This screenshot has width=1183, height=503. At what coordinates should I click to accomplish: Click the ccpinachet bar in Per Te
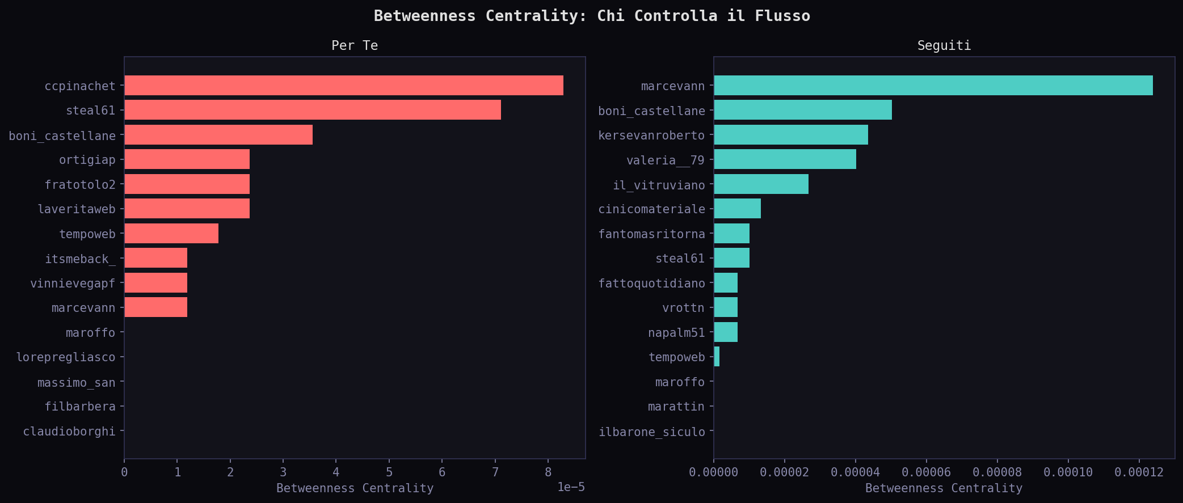click(343, 86)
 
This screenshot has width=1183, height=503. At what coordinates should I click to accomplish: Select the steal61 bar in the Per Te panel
click(312, 110)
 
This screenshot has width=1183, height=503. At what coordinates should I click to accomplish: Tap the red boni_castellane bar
click(218, 135)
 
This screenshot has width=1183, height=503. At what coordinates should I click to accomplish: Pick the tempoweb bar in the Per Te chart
click(171, 234)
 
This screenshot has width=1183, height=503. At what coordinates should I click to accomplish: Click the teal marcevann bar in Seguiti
click(933, 86)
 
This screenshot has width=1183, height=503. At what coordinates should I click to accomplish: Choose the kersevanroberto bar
click(790, 135)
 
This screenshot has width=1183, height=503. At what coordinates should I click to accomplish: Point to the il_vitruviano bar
click(761, 184)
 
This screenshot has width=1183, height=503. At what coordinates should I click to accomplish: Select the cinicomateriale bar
click(737, 209)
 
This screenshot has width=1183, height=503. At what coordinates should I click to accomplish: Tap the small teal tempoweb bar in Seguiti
click(717, 357)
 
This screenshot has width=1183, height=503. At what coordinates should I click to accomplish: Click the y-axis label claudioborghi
click(69, 432)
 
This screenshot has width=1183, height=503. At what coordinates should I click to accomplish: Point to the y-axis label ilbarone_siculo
click(652, 432)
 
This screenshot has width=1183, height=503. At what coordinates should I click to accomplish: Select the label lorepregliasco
click(66, 357)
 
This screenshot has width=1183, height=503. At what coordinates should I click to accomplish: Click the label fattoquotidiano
click(652, 284)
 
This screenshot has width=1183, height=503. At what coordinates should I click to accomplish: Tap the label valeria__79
click(666, 160)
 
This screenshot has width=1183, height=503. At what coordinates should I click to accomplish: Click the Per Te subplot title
click(355, 45)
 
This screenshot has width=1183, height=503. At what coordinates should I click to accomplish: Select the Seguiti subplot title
click(944, 45)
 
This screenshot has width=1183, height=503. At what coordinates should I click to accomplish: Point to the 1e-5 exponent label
click(571, 487)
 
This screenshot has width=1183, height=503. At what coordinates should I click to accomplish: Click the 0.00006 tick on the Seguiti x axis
click(926, 472)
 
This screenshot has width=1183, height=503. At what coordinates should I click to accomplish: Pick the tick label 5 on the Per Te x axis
click(389, 472)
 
